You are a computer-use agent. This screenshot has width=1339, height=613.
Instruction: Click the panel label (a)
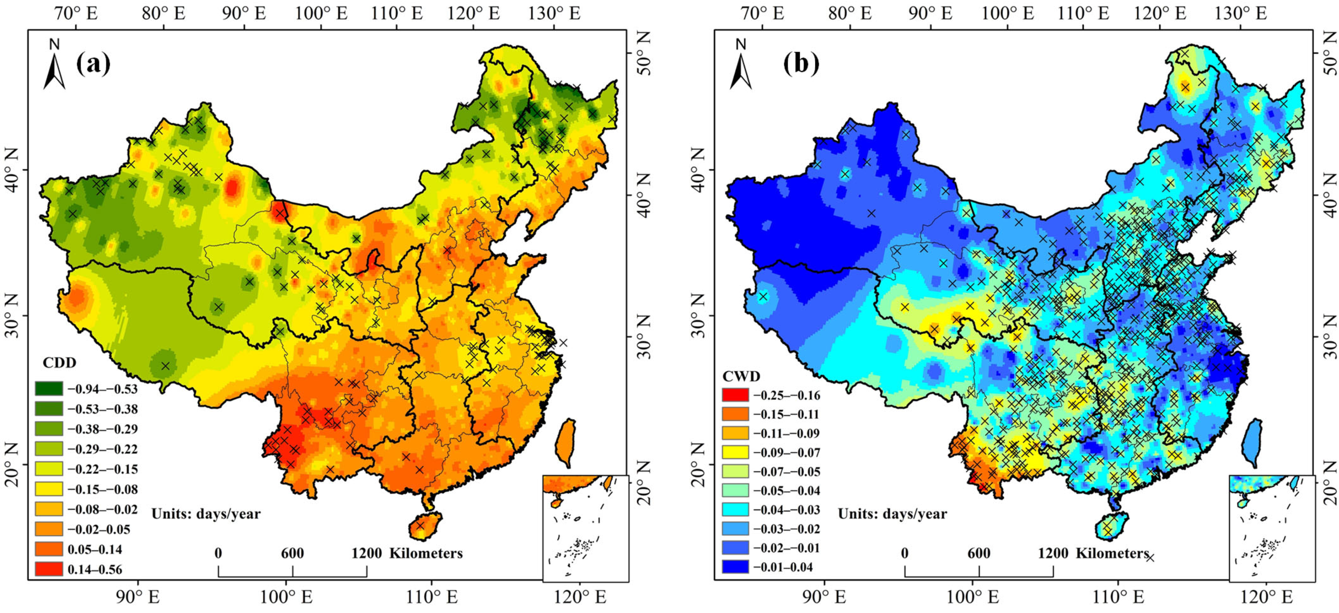[94, 64]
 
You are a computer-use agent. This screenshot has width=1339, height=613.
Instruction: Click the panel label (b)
[801, 64]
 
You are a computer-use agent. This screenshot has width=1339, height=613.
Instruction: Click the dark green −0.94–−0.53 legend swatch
[49, 389]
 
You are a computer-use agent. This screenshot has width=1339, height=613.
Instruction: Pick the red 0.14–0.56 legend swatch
[49, 569]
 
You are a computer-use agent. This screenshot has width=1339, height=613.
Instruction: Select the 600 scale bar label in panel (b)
[979, 553]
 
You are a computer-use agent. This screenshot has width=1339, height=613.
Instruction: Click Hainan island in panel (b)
[1111, 526]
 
